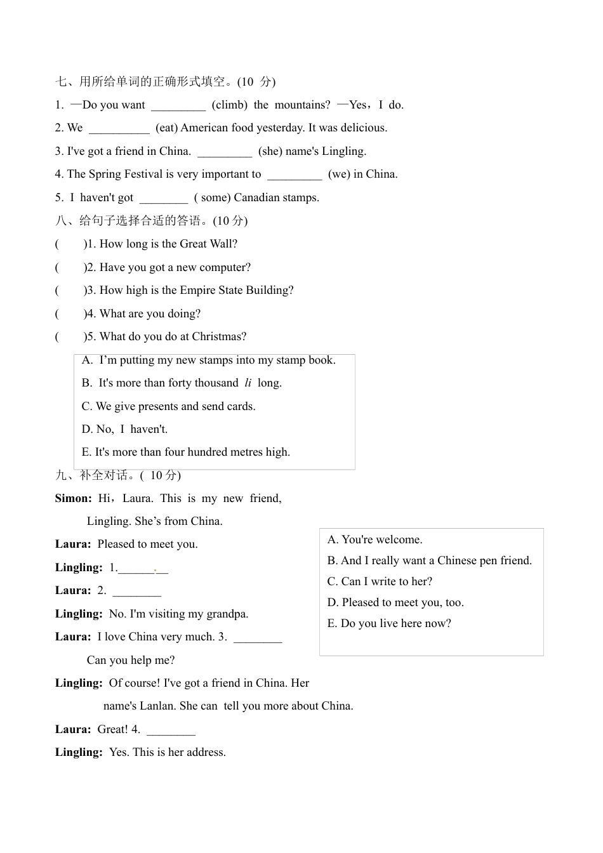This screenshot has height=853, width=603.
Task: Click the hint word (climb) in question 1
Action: click(229, 105)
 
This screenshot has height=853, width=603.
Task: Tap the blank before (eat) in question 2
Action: click(119, 129)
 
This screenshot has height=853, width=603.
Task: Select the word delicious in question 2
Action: click(363, 128)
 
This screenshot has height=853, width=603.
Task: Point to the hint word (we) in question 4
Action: click(339, 175)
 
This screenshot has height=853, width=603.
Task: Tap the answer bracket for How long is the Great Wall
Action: click(70, 244)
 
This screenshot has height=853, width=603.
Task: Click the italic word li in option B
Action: click(248, 383)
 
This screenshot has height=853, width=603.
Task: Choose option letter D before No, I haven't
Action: click(87, 430)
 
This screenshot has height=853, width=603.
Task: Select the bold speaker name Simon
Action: click(73, 499)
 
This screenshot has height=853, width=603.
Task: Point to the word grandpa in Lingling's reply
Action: click(227, 614)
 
